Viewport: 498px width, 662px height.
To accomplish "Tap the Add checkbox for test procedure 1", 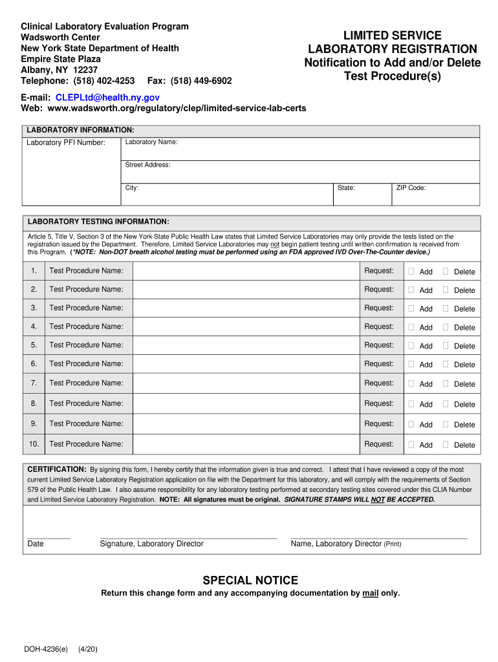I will [411, 272].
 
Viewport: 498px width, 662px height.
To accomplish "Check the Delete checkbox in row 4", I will [446, 327].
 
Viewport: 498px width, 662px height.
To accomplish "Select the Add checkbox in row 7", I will [411, 383].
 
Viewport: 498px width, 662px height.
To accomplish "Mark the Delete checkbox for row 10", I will [446, 445].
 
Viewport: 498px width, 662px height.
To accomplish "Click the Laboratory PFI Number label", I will [65, 142].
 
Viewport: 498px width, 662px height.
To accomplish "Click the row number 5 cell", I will [34, 345].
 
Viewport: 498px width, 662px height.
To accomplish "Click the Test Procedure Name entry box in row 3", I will [246, 308].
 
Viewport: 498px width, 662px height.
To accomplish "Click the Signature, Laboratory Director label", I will [151, 544].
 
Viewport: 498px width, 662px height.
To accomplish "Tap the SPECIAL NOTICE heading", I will [250, 580].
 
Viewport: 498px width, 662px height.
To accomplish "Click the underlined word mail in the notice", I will [371, 593].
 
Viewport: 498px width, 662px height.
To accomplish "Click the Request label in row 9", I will [378, 423].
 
